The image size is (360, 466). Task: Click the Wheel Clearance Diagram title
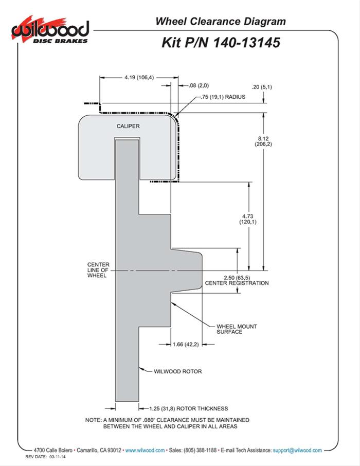coord(220,21)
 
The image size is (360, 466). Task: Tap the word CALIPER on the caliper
coord(128,126)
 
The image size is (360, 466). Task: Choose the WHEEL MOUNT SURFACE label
coord(237,329)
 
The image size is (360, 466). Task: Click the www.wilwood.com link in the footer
coord(145,450)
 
